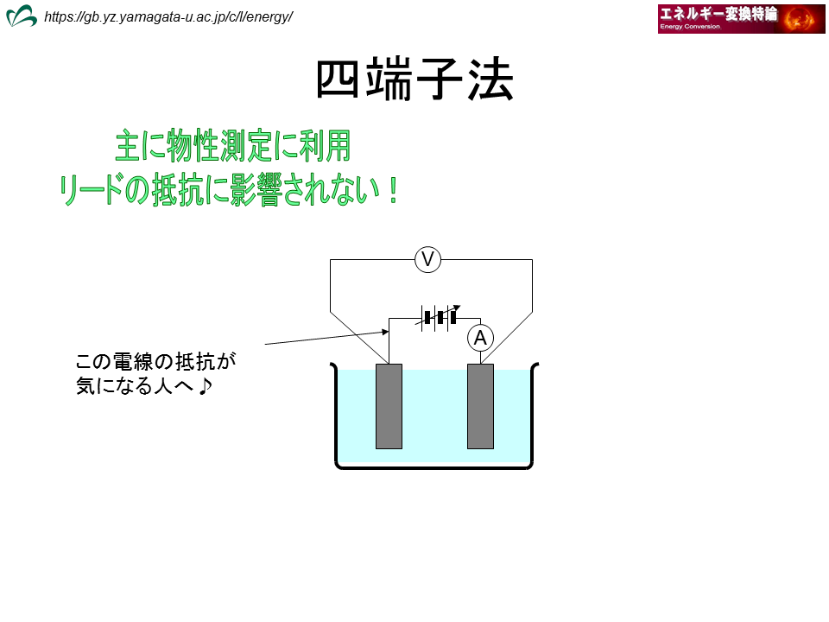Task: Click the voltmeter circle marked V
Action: pyautogui.click(x=427, y=260)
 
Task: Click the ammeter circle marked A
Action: pyautogui.click(x=481, y=338)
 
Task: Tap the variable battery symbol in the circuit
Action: pyautogui.click(x=440, y=317)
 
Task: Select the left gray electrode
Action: pyautogui.click(x=389, y=406)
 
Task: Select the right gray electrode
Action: pyautogui.click(x=481, y=406)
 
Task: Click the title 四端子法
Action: pyautogui.click(x=415, y=79)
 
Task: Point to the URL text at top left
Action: pyautogui.click(x=168, y=17)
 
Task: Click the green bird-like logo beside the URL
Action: pyautogui.click(x=21, y=16)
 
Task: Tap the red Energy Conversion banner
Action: pyautogui.click(x=741, y=19)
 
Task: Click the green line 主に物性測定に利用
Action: pyautogui.click(x=233, y=145)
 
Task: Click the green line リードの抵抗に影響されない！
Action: pyautogui.click(x=228, y=189)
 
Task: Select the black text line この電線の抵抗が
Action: pyautogui.click(x=155, y=362)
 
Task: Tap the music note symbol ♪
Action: pyautogui.click(x=206, y=386)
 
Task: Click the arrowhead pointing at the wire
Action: pyautogui.click(x=385, y=332)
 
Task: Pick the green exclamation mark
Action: pyautogui.click(x=392, y=190)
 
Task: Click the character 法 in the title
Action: pyautogui.click(x=490, y=79)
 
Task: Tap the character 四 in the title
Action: pyautogui.click(x=339, y=79)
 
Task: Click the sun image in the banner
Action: pyautogui.click(x=801, y=19)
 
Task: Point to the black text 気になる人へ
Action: pyautogui.click(x=136, y=386)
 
